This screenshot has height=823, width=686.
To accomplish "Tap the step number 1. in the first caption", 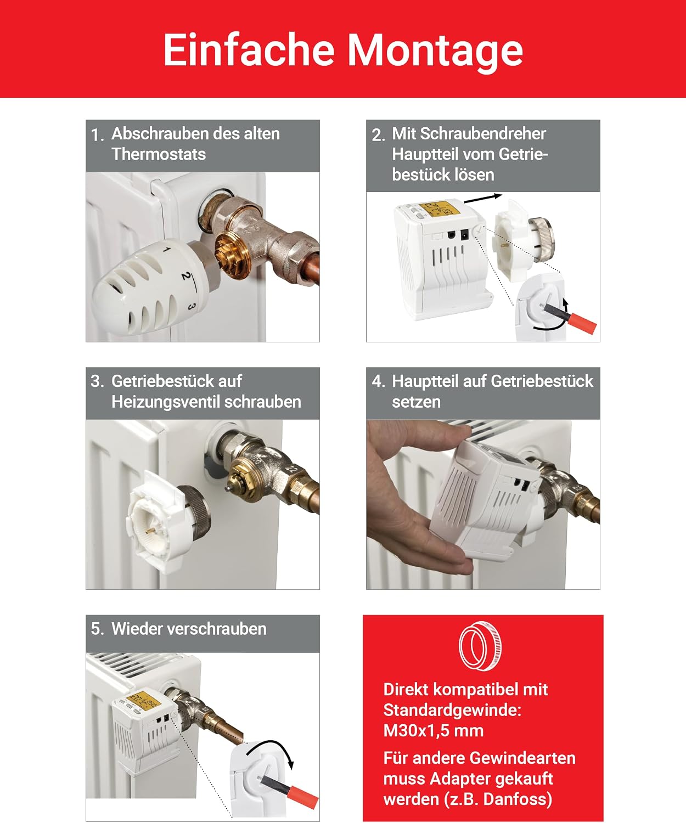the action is [x=97, y=135].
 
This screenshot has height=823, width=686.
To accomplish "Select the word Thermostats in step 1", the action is [x=159, y=154].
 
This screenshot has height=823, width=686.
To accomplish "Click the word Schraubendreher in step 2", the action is [x=469, y=134].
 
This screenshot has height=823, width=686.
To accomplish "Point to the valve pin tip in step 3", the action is [x=227, y=489].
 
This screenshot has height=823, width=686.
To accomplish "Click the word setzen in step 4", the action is [x=416, y=402].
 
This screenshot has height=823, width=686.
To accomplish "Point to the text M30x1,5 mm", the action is [x=434, y=730].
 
